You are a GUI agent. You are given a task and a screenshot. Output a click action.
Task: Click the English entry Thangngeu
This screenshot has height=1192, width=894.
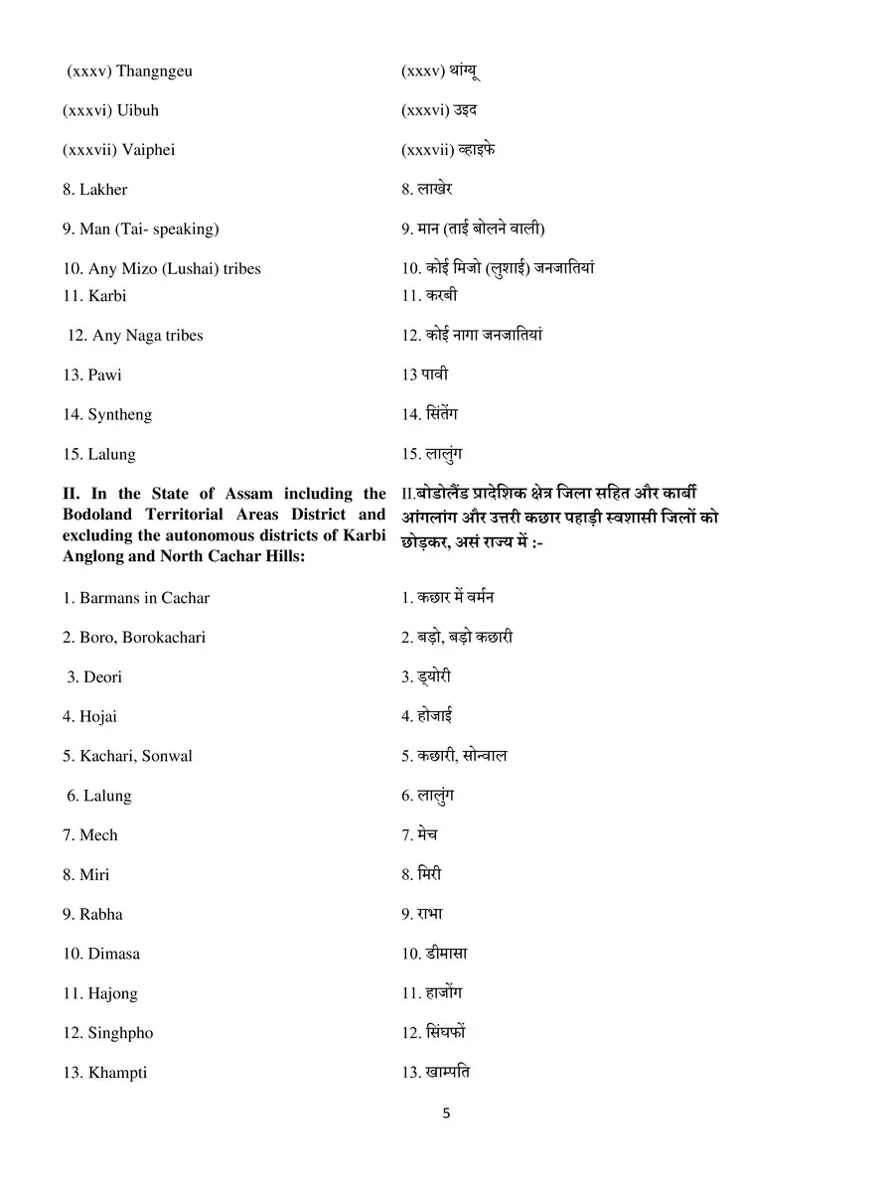click(154, 71)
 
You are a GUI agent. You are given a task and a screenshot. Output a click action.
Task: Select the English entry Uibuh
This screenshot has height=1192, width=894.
click(138, 110)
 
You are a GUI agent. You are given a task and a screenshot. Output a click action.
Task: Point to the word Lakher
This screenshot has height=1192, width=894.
click(103, 190)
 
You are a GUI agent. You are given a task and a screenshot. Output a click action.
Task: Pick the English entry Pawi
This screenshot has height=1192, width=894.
click(104, 375)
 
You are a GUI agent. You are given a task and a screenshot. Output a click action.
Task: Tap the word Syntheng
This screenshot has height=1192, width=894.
click(119, 415)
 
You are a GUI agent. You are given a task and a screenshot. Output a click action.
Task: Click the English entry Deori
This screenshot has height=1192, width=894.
click(102, 677)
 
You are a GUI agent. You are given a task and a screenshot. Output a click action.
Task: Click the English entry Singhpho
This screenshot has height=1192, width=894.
click(120, 1033)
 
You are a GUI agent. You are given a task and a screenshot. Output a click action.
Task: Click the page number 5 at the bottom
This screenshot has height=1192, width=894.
click(446, 1114)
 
